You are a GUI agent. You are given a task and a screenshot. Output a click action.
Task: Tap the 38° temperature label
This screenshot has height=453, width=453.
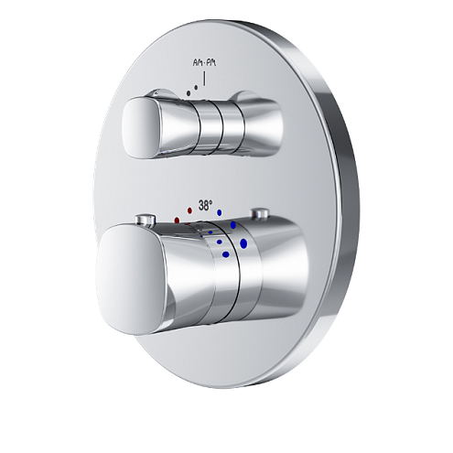pos(205,207)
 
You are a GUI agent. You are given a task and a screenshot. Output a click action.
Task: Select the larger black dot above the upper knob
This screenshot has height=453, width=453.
pos(194,86)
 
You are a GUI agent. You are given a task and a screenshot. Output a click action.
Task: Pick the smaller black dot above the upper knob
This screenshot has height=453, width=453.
pos(187,92)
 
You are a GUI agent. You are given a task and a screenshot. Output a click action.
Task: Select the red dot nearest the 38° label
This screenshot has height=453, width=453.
pos(189,210)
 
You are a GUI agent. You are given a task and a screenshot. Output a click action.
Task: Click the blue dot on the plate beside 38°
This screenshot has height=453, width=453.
pos(220,212)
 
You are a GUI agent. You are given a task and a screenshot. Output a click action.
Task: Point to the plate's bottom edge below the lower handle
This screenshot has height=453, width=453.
pos(238,388)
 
